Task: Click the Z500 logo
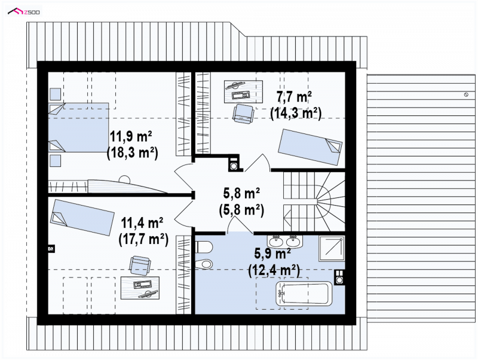pos(23,11)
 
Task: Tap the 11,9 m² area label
pos(131,136)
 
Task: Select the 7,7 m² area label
pos(294,97)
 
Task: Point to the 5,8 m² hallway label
pos(241,193)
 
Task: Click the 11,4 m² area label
pos(142,222)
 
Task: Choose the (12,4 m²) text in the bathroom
pos(274,270)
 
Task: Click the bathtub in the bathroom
pos(304,293)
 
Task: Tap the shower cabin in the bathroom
pos(332,248)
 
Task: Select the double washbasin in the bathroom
pos(285,242)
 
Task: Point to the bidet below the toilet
pos(203,264)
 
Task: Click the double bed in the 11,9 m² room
pos(79,127)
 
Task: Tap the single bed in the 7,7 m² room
pos(310,147)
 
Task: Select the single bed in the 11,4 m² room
pos(82,217)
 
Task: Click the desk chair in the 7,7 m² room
pos(243,114)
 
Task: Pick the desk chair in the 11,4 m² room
pos(140,265)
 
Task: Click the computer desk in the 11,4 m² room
pos(140,288)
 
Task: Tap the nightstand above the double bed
pos(55,94)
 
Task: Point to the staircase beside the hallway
pos(314,202)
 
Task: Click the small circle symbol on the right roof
pos(466,95)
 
